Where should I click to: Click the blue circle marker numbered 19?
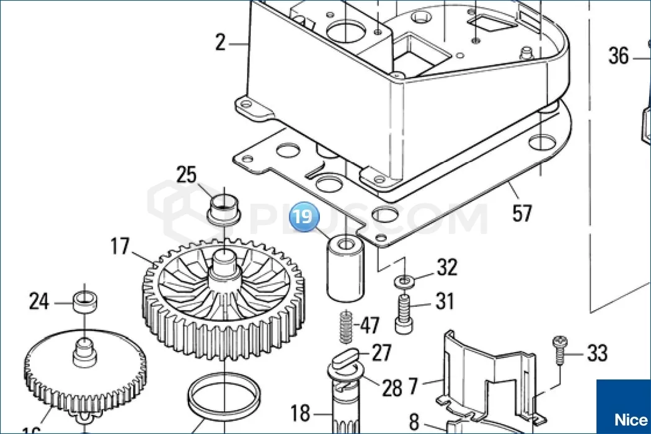coord(304,218)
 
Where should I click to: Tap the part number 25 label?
coord(187,175)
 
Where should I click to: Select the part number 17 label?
coord(120,247)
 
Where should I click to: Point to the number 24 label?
coord(39,302)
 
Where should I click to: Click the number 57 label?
coord(522,214)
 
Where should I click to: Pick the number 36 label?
coord(618,56)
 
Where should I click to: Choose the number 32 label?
coord(446,268)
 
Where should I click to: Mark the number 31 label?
coord(444,302)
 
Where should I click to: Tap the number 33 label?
coord(597,354)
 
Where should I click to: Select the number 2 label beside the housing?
coord(221,43)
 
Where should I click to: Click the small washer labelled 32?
coord(405,281)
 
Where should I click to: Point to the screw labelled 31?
coord(404,314)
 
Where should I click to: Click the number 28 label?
coord(392,388)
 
